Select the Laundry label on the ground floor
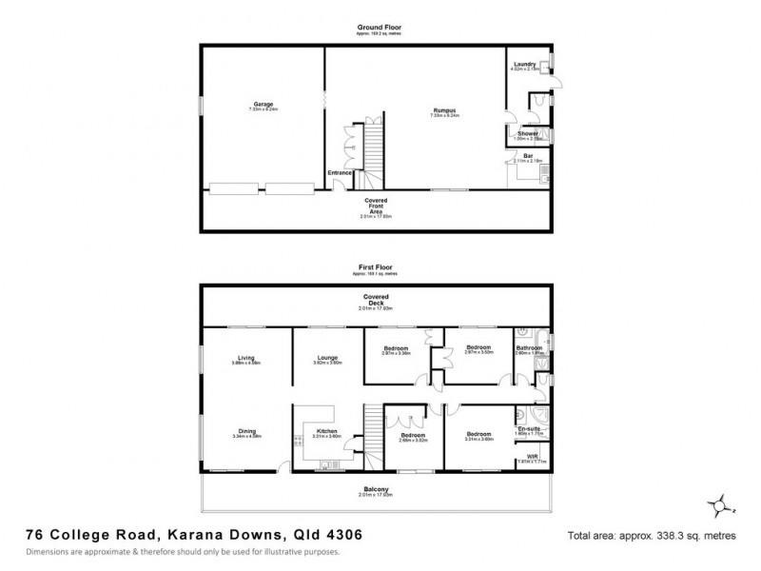tap(524, 64)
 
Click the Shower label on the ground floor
tap(528, 134)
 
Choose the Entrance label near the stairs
tap(341, 172)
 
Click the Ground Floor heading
tap(375, 28)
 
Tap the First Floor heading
tap(375, 267)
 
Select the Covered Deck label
tap(375, 298)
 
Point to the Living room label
tap(246, 358)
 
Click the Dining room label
tap(246, 430)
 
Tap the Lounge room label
tap(327, 358)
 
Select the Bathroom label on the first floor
tap(529, 347)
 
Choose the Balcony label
tap(375, 489)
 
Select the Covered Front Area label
tap(375, 207)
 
